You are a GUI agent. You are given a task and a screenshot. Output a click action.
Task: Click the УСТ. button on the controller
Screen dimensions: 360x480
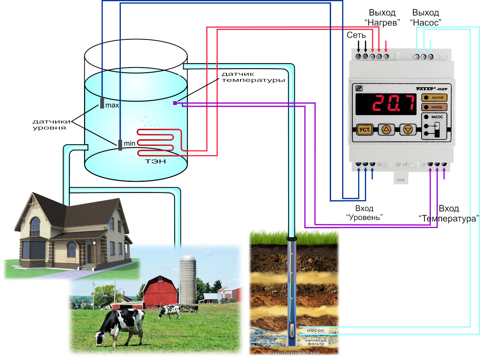(365, 129)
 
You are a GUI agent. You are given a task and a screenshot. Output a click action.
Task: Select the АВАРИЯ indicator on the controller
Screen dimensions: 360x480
(434, 97)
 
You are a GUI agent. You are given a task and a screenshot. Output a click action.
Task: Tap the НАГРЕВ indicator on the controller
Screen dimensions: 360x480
(434, 107)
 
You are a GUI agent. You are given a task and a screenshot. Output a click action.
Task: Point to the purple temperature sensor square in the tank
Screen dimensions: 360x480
(175, 103)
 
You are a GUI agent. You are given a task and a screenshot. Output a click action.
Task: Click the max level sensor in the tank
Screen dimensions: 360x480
(102, 103)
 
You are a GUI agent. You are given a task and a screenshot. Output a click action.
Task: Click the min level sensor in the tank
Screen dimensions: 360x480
(120, 145)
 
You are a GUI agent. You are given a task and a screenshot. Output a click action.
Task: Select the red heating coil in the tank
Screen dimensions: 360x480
(159, 142)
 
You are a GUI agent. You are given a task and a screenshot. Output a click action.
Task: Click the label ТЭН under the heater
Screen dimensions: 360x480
(155, 161)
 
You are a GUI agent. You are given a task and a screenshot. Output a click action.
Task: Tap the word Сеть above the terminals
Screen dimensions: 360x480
(356, 35)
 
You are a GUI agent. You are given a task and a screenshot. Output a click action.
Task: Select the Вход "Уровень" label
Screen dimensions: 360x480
(364, 213)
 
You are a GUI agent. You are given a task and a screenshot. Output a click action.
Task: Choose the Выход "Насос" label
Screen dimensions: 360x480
(426, 18)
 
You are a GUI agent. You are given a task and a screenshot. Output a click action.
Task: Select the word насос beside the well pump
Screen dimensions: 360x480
(316, 330)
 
